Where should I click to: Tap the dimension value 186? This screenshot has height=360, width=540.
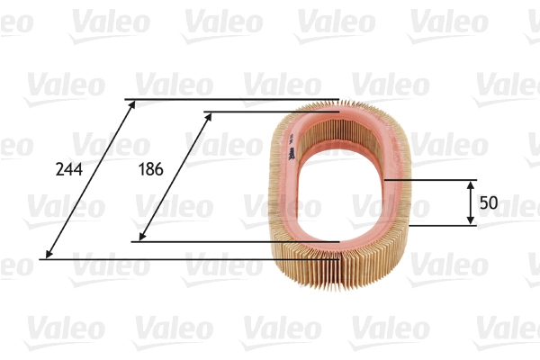point(149,168)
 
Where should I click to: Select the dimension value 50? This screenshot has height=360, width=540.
point(489,203)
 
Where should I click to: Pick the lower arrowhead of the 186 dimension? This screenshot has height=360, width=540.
point(139,238)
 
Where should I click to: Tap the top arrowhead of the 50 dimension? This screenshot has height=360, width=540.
point(472,184)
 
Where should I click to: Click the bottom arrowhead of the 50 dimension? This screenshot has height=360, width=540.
point(472,220)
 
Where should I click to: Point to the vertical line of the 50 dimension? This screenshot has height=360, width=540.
point(472,202)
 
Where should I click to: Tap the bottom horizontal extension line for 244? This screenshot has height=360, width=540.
point(180,259)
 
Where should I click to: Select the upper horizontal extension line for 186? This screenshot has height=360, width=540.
point(270,112)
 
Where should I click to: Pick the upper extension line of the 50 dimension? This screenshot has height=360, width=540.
point(432,180)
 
